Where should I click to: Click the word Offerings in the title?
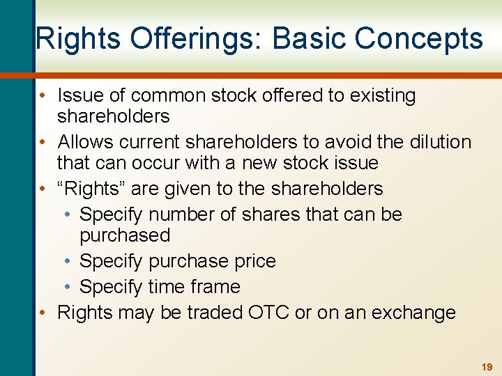[180, 38]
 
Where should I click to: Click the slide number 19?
[486, 366]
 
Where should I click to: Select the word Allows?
[85, 142]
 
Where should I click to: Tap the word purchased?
[125, 235]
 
